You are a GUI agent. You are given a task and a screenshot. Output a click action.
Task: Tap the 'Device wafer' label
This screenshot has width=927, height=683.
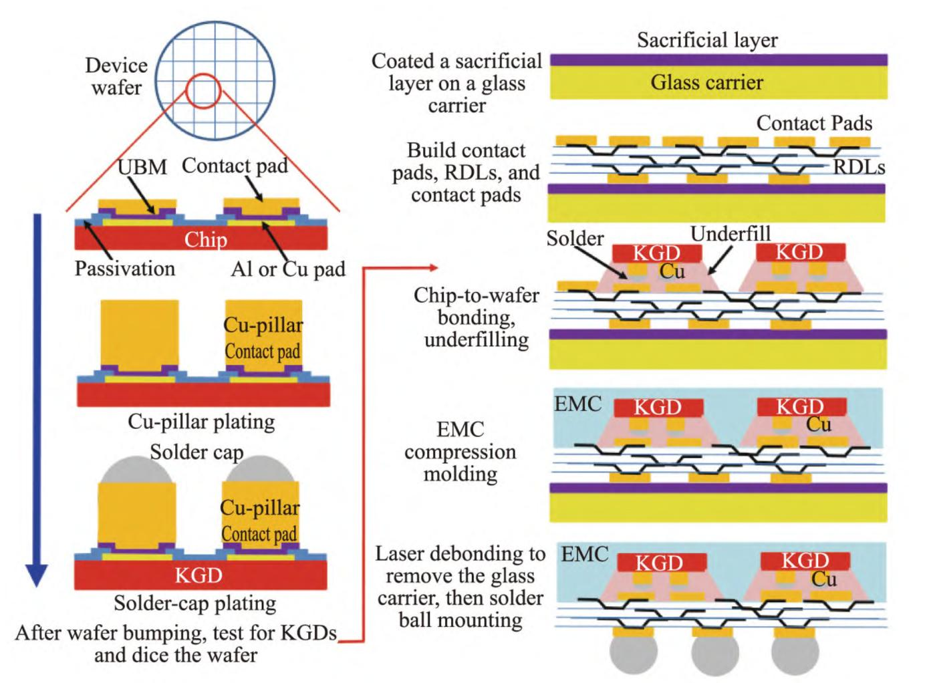(116, 76)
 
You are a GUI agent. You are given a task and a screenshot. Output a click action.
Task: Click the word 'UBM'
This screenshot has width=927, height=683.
(142, 167)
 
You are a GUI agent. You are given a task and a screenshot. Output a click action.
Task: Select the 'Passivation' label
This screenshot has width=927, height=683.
(124, 269)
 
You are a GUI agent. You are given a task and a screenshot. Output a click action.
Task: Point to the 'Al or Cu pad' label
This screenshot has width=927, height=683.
(288, 269)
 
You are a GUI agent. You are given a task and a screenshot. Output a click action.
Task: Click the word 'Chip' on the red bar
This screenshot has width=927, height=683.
(205, 239)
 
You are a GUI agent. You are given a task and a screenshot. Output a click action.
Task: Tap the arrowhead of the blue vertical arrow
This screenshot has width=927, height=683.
(37, 575)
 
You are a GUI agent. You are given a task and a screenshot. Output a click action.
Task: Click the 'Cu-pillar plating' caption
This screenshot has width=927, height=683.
(201, 422)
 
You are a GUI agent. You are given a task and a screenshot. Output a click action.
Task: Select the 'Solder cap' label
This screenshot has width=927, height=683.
(196, 452)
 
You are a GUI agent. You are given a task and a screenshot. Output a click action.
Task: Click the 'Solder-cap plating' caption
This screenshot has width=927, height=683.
(195, 603)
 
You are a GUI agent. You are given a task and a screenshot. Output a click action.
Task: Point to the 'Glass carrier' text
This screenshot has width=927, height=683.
(706, 82)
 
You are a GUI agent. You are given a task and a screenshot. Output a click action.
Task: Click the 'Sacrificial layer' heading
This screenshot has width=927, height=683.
(707, 40)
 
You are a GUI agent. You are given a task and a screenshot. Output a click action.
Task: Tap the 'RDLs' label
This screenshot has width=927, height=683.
(859, 167)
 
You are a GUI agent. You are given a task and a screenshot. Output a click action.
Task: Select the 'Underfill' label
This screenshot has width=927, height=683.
(731, 234)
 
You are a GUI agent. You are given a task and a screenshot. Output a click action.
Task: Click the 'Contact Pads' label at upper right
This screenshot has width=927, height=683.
(814, 124)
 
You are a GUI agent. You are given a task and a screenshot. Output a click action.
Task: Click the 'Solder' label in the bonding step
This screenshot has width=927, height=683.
(575, 239)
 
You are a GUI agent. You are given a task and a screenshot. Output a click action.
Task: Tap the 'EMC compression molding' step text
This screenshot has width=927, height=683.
(460, 452)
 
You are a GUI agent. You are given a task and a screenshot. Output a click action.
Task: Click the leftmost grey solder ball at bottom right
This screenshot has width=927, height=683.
(633, 654)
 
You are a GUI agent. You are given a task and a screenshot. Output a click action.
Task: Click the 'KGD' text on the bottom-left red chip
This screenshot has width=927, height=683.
(198, 575)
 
